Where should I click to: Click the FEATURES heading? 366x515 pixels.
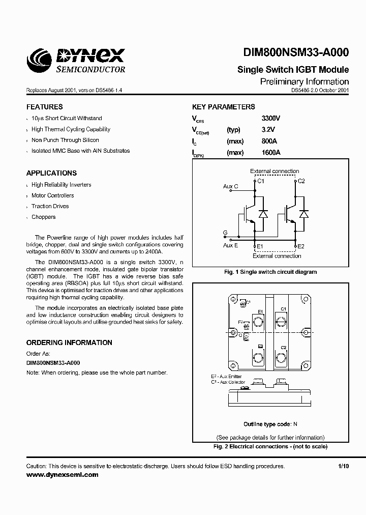(x=45, y=107)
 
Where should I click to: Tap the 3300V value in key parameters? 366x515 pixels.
(x=270, y=118)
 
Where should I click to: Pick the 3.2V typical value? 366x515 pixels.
(x=267, y=130)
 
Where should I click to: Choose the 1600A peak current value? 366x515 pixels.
(x=270, y=153)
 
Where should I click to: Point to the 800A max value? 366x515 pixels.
(x=269, y=141)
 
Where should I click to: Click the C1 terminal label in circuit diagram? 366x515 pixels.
(x=260, y=181)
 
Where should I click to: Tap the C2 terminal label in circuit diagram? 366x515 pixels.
(x=301, y=181)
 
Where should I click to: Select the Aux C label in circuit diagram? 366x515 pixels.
(x=231, y=187)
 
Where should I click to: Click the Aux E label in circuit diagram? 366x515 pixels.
(x=230, y=245)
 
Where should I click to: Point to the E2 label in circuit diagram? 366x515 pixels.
(x=300, y=246)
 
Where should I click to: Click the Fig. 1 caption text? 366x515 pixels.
(x=270, y=272)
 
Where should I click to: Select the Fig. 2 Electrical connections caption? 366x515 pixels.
(x=270, y=446)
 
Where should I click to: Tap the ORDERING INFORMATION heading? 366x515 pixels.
(x=69, y=342)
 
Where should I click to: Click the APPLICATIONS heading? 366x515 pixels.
(x=51, y=173)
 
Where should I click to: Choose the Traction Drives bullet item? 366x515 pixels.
(x=50, y=206)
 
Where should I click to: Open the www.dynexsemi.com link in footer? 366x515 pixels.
(x=62, y=474)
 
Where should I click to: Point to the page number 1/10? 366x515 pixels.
(x=343, y=466)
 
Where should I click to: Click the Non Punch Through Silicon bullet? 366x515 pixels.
(x=65, y=140)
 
